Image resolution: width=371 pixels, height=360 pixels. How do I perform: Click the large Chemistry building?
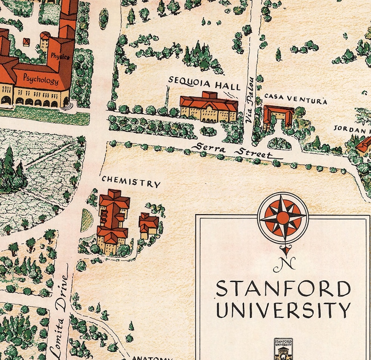(x=113, y=220)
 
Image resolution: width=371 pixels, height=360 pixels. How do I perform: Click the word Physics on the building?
(x=60, y=57)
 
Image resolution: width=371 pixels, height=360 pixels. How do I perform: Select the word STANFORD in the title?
(x=283, y=289)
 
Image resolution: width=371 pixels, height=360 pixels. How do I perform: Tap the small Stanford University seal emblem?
(x=283, y=348)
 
